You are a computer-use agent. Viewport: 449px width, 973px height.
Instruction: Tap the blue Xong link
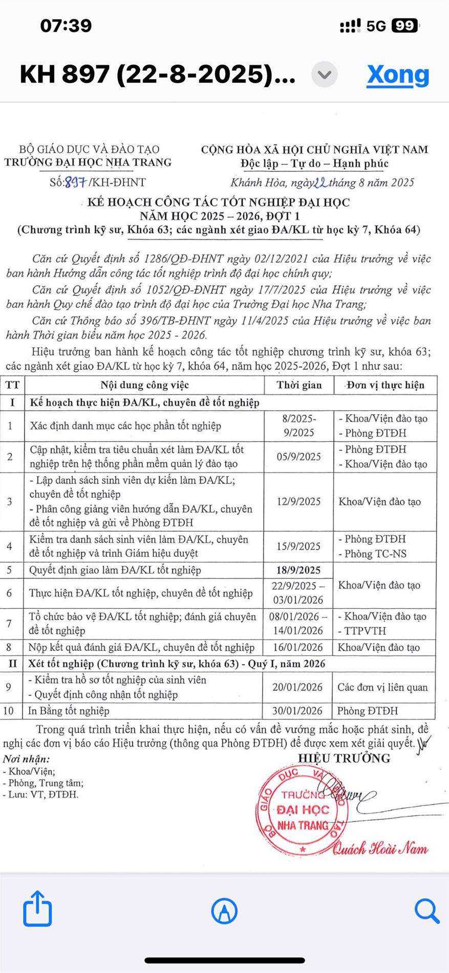point(398,75)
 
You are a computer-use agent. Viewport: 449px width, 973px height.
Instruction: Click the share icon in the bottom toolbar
point(37,908)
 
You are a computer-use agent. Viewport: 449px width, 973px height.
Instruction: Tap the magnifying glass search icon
point(426,911)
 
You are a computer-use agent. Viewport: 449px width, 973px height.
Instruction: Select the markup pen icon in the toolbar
point(224,911)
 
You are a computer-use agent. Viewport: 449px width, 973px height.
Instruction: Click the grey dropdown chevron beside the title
point(325,75)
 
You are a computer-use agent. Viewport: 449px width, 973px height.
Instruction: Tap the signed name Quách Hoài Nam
point(380,849)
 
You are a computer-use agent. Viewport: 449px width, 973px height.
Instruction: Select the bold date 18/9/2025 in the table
point(298,570)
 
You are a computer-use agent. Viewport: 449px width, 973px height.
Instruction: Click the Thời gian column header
point(299,385)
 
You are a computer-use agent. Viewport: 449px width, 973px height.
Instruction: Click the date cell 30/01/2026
point(297,710)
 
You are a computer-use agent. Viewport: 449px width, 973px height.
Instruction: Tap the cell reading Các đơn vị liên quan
point(382,687)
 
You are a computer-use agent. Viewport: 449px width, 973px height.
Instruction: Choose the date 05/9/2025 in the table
point(299,456)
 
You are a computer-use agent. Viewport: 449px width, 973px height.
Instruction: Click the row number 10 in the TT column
point(9,710)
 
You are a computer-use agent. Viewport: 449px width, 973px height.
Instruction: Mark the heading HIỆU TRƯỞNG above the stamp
point(344,758)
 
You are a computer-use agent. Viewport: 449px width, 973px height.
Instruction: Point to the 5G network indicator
point(376,26)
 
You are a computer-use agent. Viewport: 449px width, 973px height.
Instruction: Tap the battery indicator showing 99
point(405,26)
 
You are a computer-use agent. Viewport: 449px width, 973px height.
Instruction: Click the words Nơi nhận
point(26,759)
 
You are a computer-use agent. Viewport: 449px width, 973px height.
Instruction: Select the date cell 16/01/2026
point(297,647)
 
